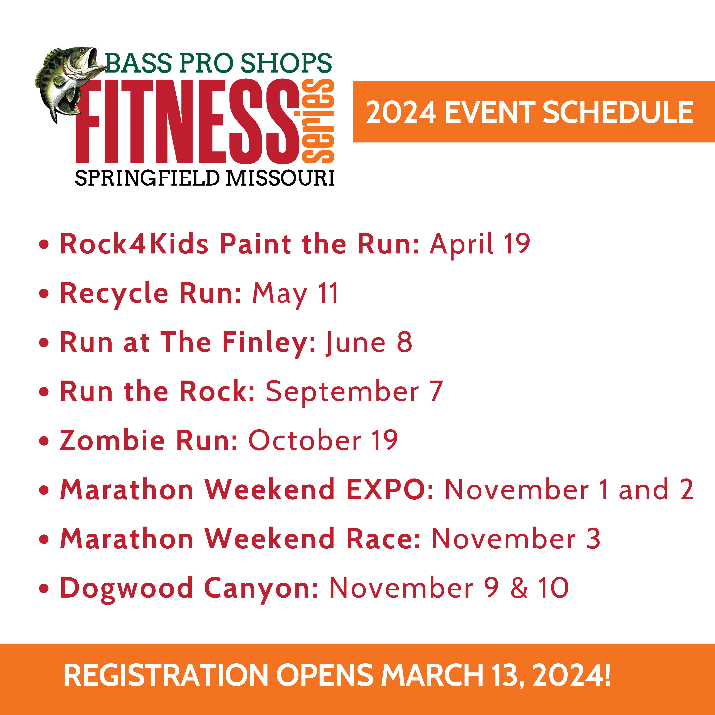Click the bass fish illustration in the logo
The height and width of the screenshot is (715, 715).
coord(65,81)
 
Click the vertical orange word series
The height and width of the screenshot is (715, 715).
coord(318,121)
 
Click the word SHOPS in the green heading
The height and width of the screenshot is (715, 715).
coord(286,63)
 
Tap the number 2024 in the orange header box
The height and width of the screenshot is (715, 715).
coord(401,112)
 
